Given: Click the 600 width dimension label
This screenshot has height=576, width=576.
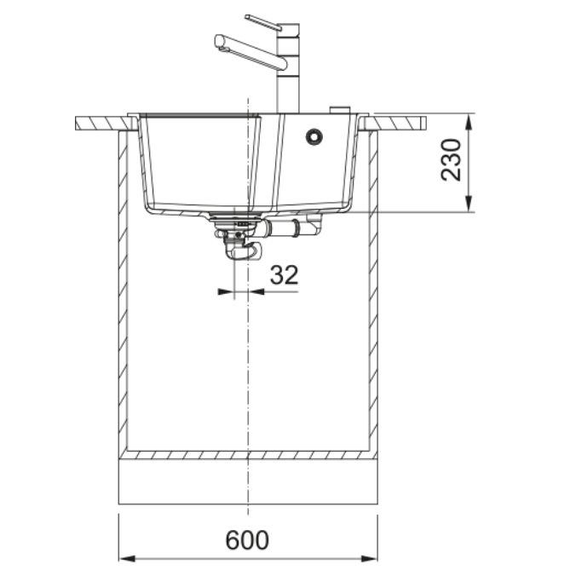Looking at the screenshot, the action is coord(247,540).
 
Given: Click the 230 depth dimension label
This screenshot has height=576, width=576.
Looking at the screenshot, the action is coord(451,160).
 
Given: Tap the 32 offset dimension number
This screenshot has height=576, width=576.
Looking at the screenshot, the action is coord(284,274).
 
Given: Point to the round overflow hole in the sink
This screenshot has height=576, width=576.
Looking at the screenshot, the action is coord(314,136).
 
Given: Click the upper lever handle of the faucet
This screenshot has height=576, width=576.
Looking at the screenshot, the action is coord(263,22).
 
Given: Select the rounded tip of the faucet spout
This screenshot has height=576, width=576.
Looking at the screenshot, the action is coord(219,42).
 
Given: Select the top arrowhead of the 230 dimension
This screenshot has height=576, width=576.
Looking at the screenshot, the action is coord(469,122).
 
